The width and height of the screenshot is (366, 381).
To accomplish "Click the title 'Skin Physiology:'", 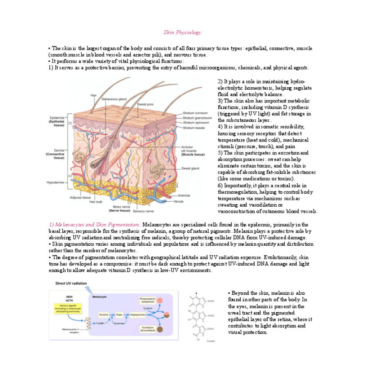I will click(183, 32).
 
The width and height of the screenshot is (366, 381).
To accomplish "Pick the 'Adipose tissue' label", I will click(80, 197).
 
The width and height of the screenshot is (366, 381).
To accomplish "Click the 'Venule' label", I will click(178, 201).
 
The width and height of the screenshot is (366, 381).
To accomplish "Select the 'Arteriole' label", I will click(184, 195).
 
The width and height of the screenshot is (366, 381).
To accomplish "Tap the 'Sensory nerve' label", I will click(143, 211).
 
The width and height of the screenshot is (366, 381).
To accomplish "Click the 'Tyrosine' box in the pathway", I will click(104, 315).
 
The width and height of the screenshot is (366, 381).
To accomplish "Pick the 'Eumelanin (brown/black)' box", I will click(148, 330).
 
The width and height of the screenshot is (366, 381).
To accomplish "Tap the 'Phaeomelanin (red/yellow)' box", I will click(148, 300).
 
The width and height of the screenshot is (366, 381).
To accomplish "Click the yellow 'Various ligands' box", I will click(70, 307).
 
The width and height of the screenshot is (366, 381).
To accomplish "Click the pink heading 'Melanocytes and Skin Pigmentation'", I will click(94, 224).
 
